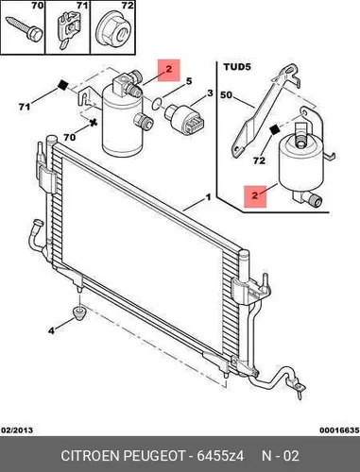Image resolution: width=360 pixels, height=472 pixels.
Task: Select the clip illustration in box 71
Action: click(68, 31)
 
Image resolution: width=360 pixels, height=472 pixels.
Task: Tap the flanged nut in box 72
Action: click(114, 27)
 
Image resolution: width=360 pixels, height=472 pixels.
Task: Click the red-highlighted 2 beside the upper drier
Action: click(169, 69)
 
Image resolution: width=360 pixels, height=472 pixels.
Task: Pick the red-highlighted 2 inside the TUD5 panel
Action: click(255, 196)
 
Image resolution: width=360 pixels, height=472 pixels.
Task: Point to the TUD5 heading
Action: click(237, 68)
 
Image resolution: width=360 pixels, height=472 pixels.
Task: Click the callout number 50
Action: click(227, 94)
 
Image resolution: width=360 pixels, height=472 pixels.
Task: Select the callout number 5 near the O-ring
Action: click(189, 81)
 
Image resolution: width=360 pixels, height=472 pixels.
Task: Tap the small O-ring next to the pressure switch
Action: click(157, 104)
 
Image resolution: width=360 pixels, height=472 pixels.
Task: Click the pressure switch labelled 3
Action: click(184, 118)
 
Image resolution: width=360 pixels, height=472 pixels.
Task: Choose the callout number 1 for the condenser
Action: click(208, 197)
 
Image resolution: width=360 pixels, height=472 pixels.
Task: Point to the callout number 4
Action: click(51, 330)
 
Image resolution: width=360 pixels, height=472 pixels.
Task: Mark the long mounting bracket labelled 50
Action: click(264, 110)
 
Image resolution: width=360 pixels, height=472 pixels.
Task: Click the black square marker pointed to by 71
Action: click(63, 85)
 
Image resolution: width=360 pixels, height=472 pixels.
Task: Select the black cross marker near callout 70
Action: click(93, 124)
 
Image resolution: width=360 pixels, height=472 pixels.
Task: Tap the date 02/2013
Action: click(17, 430)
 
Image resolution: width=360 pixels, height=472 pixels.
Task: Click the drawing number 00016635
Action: click(339, 430)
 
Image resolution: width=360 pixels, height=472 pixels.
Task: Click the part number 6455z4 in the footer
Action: click(220, 456)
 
